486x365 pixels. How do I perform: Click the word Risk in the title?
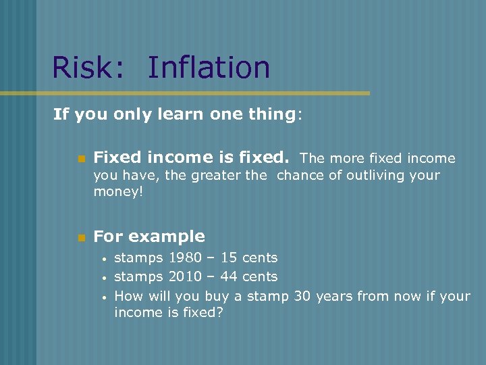coord(86,68)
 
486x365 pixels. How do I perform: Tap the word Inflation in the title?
coord(209,68)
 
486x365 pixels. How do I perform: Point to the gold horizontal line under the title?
coord(202,93)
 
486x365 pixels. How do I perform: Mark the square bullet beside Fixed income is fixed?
coord(81,159)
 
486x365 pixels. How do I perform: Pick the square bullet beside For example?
coord(81,237)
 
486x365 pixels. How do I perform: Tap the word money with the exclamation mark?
coord(119,193)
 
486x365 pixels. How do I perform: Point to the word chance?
coord(301,176)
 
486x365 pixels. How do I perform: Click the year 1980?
coord(185,258)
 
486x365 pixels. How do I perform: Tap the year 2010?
coord(185,276)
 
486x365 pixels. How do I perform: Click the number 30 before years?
coord(303,295)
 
